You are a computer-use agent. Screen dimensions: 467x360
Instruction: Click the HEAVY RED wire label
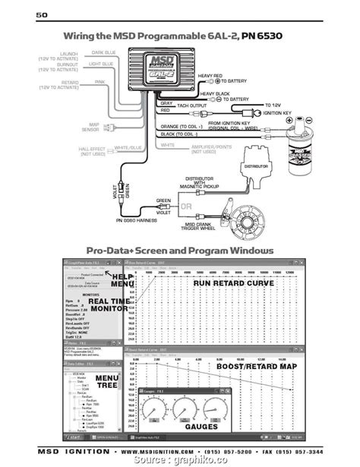212,76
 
